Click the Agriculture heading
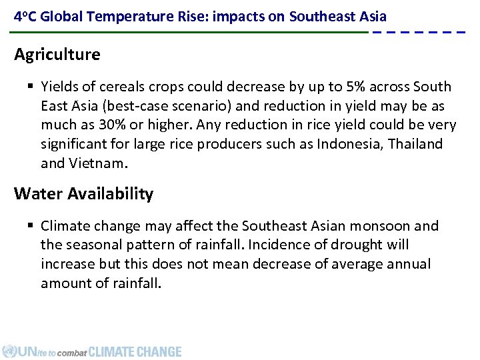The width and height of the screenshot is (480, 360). [x=57, y=55]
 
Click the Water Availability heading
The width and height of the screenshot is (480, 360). [x=84, y=194]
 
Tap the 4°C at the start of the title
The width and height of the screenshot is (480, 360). [x=25, y=15]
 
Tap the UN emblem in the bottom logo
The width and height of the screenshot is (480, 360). [x=9, y=351]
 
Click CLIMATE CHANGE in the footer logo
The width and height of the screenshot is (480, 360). [x=135, y=351]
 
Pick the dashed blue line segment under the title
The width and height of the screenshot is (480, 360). [x=418, y=32]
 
